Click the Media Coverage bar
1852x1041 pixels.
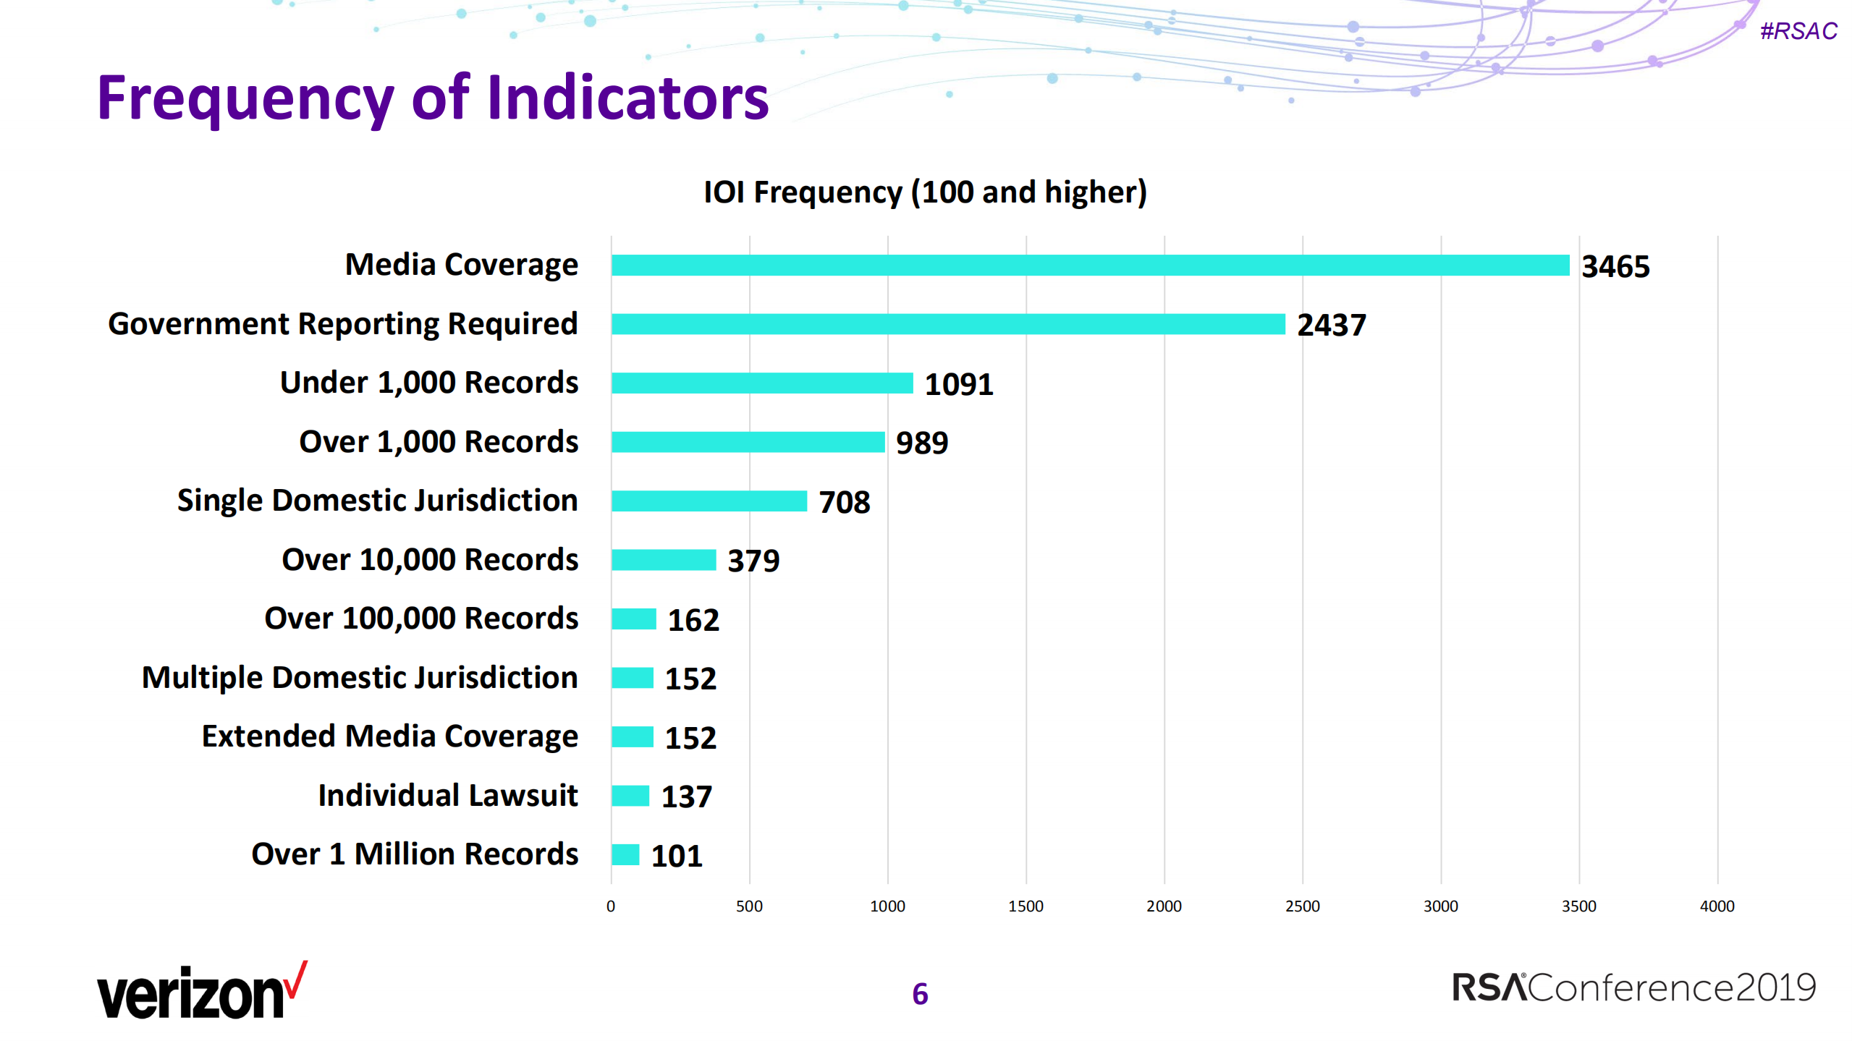click(x=1089, y=265)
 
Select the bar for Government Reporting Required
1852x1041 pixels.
click(x=947, y=324)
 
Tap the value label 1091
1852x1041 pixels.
click(x=958, y=384)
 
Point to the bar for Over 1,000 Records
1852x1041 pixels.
click(x=748, y=442)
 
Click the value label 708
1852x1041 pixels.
click(x=844, y=502)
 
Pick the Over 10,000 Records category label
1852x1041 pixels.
click(x=430, y=559)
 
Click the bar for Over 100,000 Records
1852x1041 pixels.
click(x=633, y=619)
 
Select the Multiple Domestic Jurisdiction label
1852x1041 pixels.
click(x=360, y=678)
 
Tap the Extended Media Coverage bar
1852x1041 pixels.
click(x=632, y=737)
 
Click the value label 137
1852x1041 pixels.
click(x=686, y=796)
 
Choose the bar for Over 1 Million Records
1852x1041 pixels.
click(x=625, y=855)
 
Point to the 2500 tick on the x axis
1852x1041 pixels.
click(x=1302, y=906)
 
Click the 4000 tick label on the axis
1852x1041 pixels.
click(x=1716, y=906)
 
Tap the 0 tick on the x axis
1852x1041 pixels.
click(x=611, y=906)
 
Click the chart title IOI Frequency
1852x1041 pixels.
click(x=925, y=192)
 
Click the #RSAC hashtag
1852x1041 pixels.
click(x=1798, y=31)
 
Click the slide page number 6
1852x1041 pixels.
click(x=920, y=994)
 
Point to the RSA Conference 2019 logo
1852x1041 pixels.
click(x=1633, y=988)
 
